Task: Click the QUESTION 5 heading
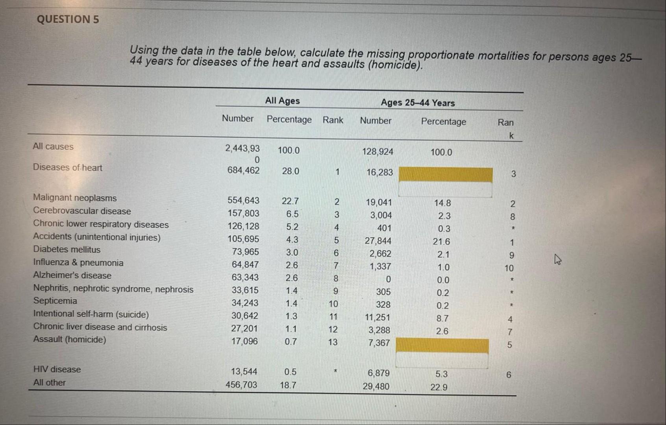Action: (68, 19)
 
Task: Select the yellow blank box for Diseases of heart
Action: (445, 174)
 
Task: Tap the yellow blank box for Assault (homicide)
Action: (442, 345)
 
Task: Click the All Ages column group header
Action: (282, 101)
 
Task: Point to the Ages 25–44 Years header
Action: (418, 103)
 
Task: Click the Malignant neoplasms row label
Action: (75, 198)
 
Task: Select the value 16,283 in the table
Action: (379, 172)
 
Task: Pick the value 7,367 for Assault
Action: (379, 343)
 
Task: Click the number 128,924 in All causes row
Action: (377, 152)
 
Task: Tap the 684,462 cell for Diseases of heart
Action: (243, 170)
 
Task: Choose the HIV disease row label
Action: (57, 370)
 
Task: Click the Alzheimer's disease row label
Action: (72, 275)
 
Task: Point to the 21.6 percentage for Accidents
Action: (441, 242)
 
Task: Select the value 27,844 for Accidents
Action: (378, 241)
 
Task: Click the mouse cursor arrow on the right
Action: (557, 259)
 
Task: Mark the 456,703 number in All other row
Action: (241, 384)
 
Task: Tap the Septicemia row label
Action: (55, 301)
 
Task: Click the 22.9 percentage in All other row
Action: (438, 387)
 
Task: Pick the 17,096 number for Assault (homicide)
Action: (244, 341)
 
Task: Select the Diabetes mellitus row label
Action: (67, 249)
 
